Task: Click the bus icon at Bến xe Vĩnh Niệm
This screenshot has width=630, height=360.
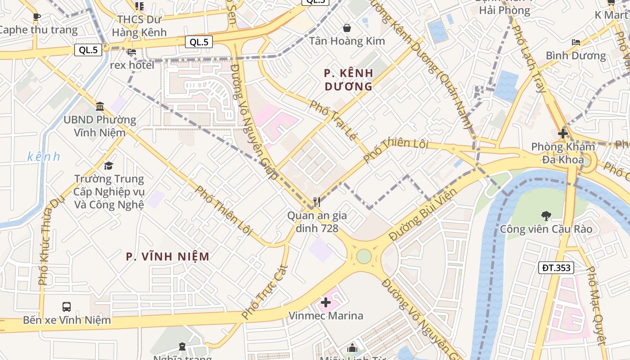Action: [x=67, y=307]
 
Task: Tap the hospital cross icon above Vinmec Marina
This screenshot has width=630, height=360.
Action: [x=326, y=302]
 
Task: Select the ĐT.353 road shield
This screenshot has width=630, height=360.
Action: [x=556, y=268]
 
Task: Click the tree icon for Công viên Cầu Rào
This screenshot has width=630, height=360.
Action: [x=546, y=216]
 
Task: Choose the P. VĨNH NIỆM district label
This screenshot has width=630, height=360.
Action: [x=167, y=256]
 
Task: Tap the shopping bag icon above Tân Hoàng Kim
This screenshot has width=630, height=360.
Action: [x=347, y=28]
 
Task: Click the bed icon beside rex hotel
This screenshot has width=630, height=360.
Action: [x=131, y=52]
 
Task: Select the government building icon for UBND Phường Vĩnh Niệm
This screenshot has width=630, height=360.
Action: [x=100, y=107]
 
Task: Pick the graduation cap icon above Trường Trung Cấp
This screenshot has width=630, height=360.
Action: [x=108, y=166]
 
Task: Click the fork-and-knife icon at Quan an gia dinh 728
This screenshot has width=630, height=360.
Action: [x=317, y=202]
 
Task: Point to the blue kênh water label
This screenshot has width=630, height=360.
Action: [x=44, y=157]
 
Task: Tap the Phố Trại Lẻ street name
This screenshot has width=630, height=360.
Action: [x=333, y=120]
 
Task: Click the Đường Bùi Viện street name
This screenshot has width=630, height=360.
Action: [x=423, y=214]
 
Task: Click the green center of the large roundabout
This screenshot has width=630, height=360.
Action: [x=364, y=256]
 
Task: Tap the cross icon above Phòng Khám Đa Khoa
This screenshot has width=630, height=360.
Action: [x=562, y=134]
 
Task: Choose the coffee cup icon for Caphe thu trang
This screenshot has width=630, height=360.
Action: [x=37, y=17]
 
